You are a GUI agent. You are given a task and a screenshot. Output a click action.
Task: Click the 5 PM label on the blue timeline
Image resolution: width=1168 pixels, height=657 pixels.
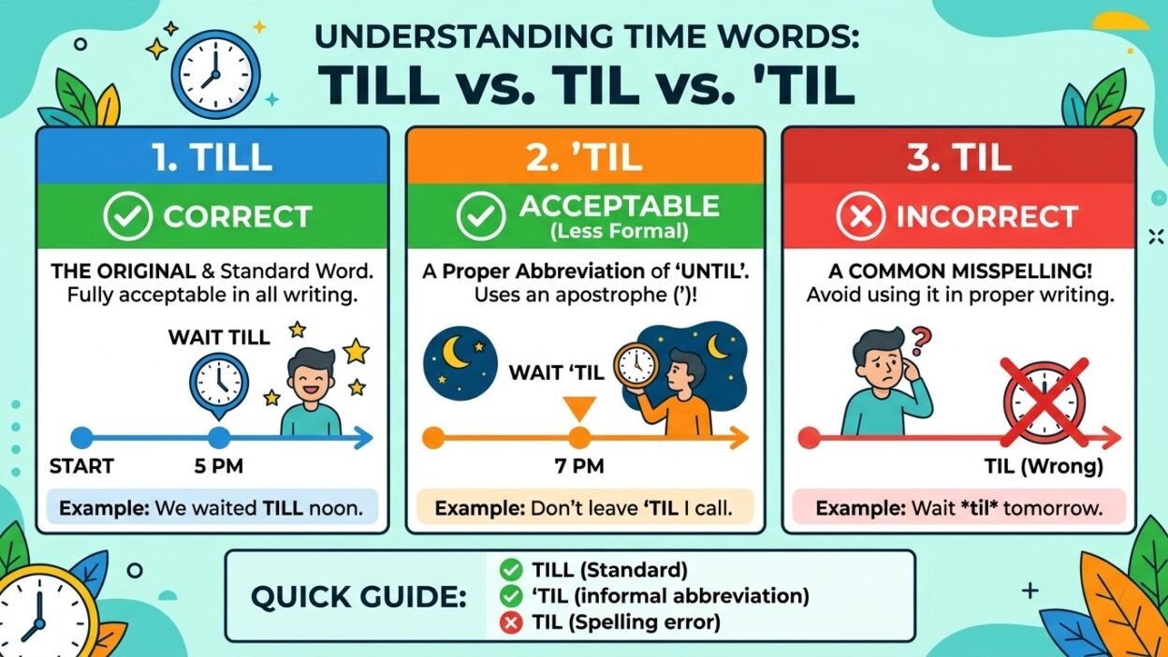(218, 466)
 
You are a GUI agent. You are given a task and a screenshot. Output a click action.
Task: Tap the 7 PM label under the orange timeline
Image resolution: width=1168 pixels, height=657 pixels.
(579, 466)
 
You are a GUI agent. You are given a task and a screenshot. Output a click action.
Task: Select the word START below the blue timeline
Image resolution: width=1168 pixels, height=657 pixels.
(81, 466)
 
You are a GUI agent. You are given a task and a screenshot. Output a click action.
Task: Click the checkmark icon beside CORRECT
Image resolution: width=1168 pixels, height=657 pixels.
(127, 216)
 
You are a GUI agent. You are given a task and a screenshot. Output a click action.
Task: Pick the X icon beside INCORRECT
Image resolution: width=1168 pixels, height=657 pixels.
(861, 216)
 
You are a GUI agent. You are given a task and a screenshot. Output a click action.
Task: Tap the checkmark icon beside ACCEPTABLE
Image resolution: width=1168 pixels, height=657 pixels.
(481, 216)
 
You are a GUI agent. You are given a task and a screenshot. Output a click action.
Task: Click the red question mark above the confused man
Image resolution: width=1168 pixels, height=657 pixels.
(920, 340)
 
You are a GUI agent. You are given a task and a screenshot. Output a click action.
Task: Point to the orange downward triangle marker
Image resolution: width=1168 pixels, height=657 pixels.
(579, 409)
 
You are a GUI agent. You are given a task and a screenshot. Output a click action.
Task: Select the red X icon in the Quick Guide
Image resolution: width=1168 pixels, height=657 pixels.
(510, 622)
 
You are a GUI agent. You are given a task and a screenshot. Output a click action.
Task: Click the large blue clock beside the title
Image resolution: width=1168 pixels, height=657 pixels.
(215, 74)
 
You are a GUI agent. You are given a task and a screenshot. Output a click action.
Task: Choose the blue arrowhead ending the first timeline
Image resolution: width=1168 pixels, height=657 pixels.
(363, 438)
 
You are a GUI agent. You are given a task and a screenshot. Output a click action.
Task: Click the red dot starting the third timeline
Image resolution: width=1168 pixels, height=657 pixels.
(810, 438)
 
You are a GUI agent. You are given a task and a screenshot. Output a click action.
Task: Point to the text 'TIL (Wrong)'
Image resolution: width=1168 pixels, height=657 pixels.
(1044, 466)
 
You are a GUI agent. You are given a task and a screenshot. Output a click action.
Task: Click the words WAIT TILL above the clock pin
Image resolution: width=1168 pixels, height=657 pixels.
(219, 337)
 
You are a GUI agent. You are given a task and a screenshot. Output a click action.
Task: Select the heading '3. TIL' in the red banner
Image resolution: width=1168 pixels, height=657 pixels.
(959, 157)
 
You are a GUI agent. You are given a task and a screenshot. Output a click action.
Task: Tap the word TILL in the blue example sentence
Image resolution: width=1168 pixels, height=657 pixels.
(284, 508)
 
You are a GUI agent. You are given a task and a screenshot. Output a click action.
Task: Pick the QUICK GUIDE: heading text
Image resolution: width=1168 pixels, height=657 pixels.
(358, 597)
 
